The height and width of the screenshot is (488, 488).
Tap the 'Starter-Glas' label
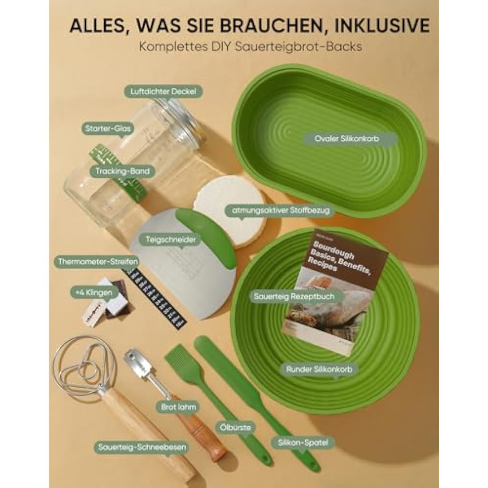[108, 129]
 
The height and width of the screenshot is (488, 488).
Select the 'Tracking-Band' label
[122, 171]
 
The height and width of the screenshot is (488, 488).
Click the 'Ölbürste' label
[235, 428]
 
